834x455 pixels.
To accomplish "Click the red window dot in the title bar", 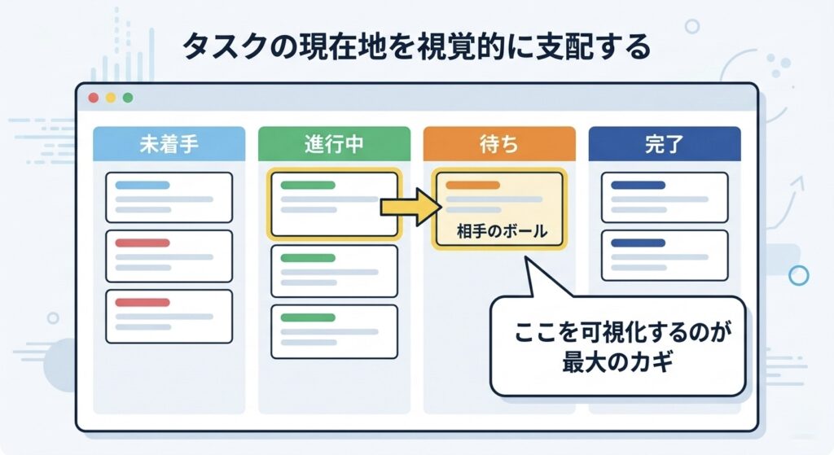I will click(x=93, y=98).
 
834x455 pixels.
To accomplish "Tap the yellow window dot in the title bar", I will click(x=110, y=98).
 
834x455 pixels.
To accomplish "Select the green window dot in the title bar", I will click(x=127, y=98).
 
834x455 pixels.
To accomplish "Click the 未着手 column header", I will click(x=169, y=146).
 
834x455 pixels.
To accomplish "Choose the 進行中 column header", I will click(x=334, y=146).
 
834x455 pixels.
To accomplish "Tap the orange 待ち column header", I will click(x=498, y=146).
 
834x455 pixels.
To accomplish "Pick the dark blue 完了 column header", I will click(x=664, y=146).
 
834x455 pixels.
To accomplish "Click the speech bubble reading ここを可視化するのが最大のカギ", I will click(x=617, y=347).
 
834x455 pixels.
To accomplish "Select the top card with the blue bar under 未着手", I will click(x=169, y=197).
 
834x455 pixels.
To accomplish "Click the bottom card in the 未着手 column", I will click(x=169, y=315).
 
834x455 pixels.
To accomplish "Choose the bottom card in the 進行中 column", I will click(x=334, y=330).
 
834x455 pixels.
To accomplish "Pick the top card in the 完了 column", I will click(x=664, y=197).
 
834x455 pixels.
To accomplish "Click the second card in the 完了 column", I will click(x=664, y=255).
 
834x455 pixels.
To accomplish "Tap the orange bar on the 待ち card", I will click(x=472, y=185).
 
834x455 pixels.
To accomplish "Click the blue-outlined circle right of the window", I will click(x=799, y=275).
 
